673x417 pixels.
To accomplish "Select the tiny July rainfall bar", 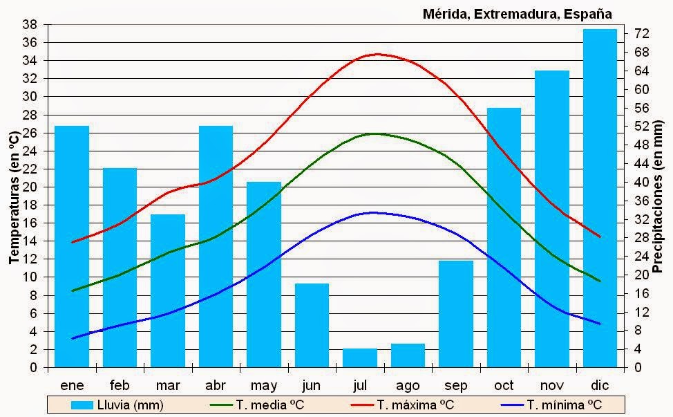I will point(360,358).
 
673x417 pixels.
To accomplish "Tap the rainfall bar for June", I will point(312,325).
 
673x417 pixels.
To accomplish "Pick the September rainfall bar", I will point(456,314).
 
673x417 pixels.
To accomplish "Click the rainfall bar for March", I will point(168,290).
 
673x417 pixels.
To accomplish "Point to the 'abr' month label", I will point(216,385).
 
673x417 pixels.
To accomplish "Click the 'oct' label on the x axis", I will point(504,385).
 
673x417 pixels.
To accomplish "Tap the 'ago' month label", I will point(408,386).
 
